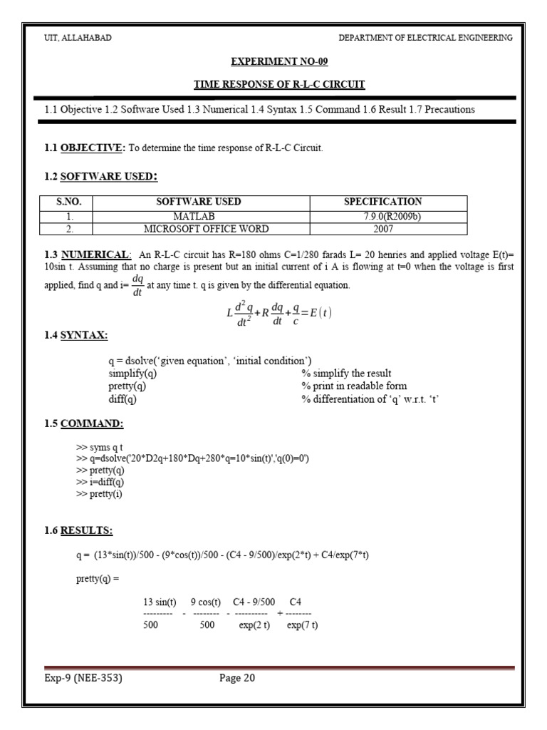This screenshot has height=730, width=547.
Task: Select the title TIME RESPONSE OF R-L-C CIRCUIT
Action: pos(279,84)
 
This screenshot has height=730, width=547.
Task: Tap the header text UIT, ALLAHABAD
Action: pos(78,38)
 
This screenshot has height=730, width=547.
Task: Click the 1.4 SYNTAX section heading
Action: pos(76,335)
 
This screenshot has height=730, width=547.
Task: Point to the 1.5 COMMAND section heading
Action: pos(83,423)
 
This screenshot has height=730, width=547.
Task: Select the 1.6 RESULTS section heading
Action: pos(78,530)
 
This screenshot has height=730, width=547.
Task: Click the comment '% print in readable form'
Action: pos(354,386)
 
